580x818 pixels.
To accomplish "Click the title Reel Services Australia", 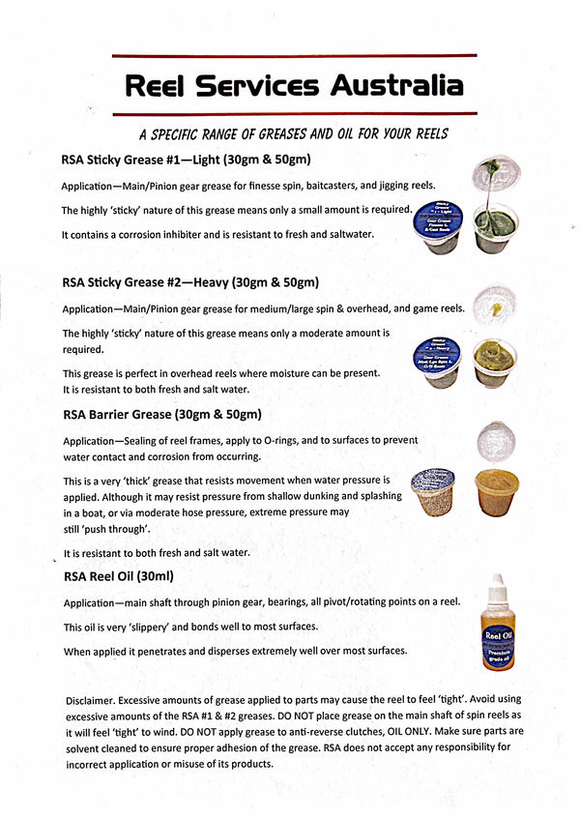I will (x=294, y=86).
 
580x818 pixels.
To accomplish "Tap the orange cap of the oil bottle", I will (x=497, y=585).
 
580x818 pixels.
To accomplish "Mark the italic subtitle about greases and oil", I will (x=293, y=133).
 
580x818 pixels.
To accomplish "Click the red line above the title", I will (x=294, y=56).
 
